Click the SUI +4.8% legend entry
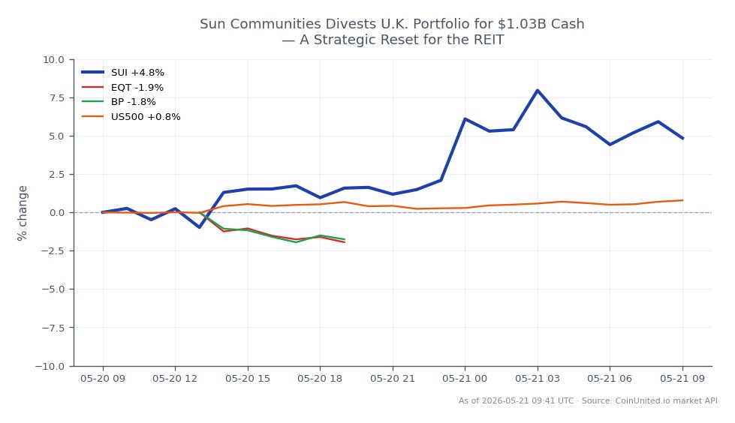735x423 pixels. click(x=123, y=73)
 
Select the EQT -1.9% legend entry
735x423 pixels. click(x=122, y=88)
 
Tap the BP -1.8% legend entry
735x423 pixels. click(x=119, y=102)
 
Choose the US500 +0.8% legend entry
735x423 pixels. click(x=131, y=117)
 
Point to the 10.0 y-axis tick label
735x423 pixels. click(x=53, y=60)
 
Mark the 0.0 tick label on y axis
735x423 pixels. click(x=56, y=213)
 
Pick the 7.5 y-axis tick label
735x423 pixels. click(x=56, y=98)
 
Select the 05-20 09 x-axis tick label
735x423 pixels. click(x=103, y=379)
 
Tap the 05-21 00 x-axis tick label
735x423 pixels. click(x=465, y=379)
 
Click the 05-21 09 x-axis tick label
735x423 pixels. click(x=682, y=379)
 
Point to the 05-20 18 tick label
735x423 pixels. click(x=320, y=379)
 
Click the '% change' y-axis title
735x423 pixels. click(x=22, y=213)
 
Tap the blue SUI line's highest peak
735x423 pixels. click(x=538, y=91)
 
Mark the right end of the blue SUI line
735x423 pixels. click(x=682, y=139)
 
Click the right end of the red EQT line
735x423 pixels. click(x=345, y=242)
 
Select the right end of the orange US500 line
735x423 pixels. click(x=682, y=200)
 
